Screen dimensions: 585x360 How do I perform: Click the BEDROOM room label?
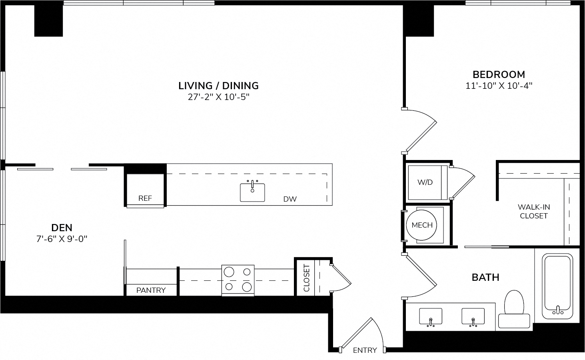[499, 75]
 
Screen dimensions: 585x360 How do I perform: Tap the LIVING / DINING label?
[219, 86]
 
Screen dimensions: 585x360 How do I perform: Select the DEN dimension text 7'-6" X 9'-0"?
[62, 239]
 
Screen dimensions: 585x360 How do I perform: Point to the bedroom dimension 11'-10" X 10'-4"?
[499, 86]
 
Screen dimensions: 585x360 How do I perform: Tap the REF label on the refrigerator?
[145, 198]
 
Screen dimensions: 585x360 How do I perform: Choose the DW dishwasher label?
[290, 199]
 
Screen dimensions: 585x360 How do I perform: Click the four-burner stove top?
[238, 280]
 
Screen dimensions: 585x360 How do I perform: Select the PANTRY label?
[151, 290]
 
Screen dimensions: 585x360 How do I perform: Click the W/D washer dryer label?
[425, 182]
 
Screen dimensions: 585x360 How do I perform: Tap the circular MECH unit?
[422, 225]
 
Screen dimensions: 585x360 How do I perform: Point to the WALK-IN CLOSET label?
[533, 211]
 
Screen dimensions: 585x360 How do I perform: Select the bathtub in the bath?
[557, 286]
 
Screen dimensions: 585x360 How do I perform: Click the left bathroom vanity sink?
[431, 317]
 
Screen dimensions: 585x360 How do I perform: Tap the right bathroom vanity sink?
[473, 317]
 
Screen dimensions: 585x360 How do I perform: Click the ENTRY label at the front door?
[365, 350]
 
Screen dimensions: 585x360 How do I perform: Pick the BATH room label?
[485, 278]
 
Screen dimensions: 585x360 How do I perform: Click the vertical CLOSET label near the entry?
[306, 278]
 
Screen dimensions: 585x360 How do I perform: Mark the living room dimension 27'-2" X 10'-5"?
[219, 97]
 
